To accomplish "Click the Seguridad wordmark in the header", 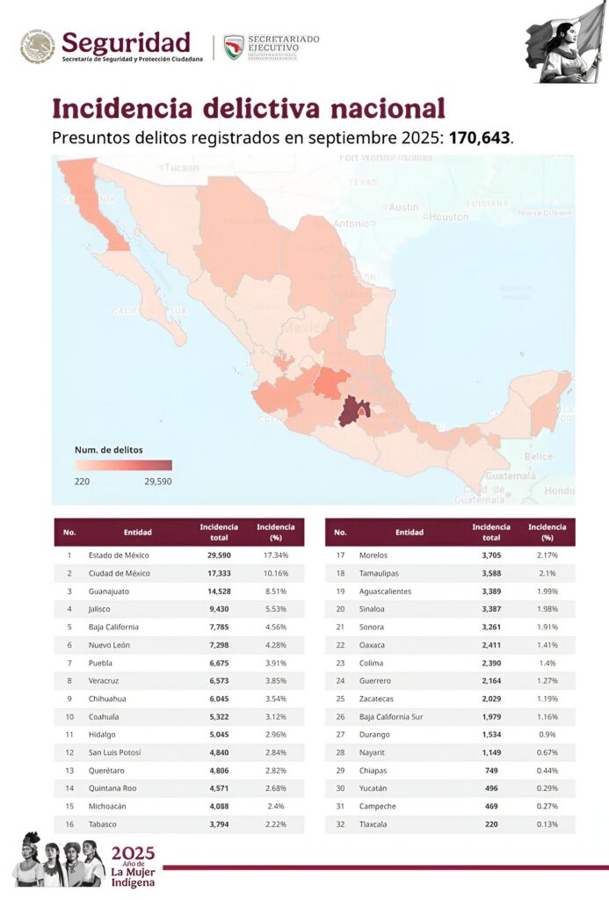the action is (126, 41).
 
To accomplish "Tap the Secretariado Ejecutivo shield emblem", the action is (234, 47).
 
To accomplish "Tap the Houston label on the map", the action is (448, 216).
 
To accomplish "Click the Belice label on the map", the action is (538, 457).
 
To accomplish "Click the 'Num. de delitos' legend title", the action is (109, 449).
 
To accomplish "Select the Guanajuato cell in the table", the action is (112, 591).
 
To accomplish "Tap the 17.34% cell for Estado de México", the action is (275, 555).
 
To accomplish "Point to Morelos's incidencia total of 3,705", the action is (491, 555).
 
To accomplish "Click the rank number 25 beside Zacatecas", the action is (340, 699).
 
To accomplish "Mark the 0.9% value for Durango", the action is (547, 735).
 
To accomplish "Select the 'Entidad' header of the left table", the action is (138, 532).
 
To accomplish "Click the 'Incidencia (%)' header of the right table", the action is (547, 532).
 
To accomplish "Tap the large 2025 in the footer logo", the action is (133, 853).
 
